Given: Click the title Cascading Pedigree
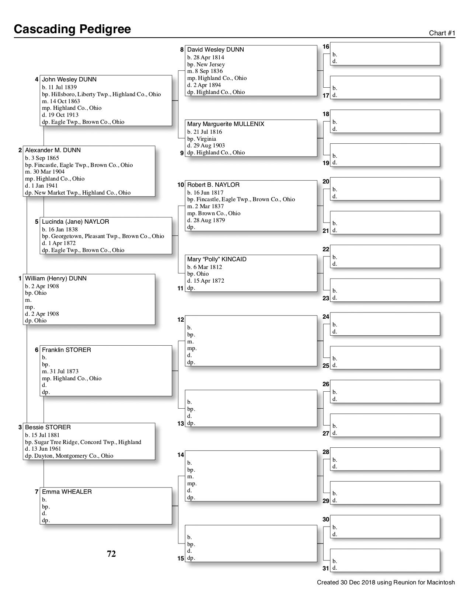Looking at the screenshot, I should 72,29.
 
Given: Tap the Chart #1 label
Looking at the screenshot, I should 442,33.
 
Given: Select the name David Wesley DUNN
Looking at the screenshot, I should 215,50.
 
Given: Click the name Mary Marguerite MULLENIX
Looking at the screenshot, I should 226,124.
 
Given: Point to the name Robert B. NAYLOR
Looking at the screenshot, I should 213,185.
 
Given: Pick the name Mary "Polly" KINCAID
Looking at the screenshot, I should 217,259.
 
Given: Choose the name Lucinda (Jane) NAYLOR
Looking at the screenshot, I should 75,222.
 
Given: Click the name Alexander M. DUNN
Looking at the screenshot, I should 53,150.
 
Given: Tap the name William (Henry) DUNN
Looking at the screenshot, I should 56,279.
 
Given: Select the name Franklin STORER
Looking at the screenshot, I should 66,350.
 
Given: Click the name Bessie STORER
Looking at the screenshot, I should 48,427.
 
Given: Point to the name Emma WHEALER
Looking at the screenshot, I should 67,492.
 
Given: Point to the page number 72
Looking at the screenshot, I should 111,554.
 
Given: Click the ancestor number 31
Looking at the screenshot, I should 325,568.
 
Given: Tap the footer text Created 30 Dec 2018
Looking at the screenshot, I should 386,583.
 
